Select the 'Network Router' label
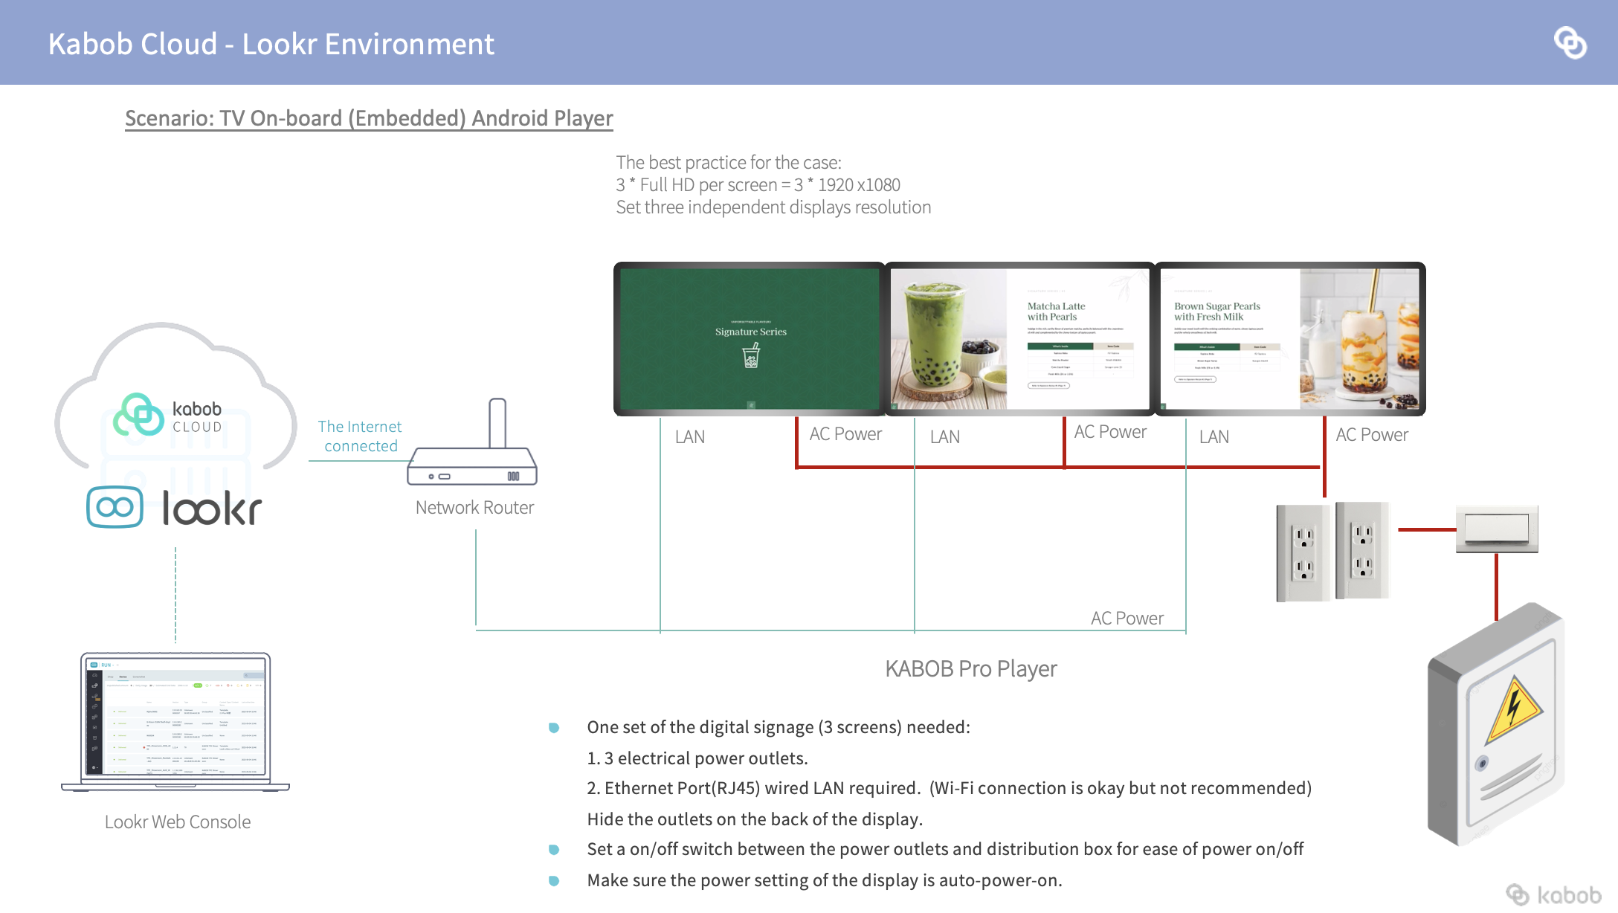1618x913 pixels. tap(474, 508)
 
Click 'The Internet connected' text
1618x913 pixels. tap(360, 436)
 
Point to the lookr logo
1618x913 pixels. tap(175, 508)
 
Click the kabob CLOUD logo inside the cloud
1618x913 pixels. tap(168, 416)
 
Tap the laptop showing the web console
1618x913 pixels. tap(175, 720)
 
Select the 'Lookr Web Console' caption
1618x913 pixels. tap(178, 822)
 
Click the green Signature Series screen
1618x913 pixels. tap(750, 338)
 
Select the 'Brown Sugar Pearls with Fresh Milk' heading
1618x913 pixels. tap(1217, 312)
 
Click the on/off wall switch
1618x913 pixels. tap(1496, 529)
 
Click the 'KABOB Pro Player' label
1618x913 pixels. tap(970, 669)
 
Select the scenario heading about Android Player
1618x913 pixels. tap(369, 118)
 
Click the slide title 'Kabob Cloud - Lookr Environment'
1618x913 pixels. tap(271, 45)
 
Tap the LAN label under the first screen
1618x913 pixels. tap(690, 437)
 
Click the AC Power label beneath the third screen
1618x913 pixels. tap(1372, 435)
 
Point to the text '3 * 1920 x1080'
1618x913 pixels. tap(848, 185)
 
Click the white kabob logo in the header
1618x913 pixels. tap(1570, 42)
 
